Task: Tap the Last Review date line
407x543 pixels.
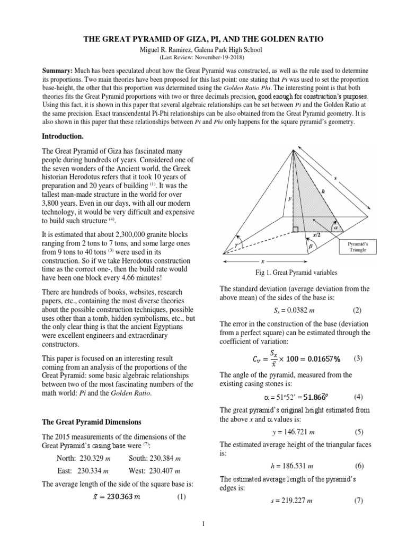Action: coord(203,57)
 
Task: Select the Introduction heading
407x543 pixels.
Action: coord(64,136)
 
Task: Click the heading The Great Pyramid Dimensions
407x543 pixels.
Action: coord(93,423)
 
